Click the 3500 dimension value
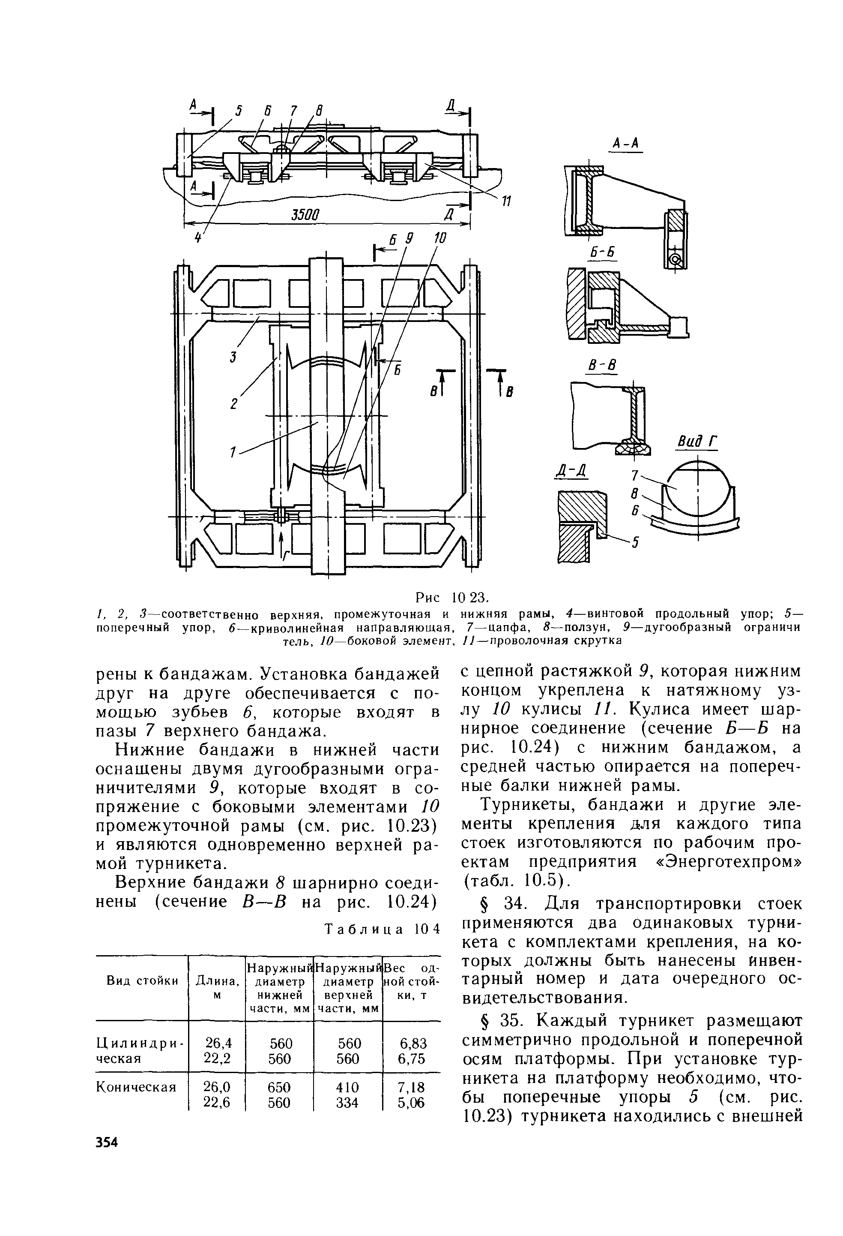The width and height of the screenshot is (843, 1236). tap(305, 215)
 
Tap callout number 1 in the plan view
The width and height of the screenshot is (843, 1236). tap(232, 452)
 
